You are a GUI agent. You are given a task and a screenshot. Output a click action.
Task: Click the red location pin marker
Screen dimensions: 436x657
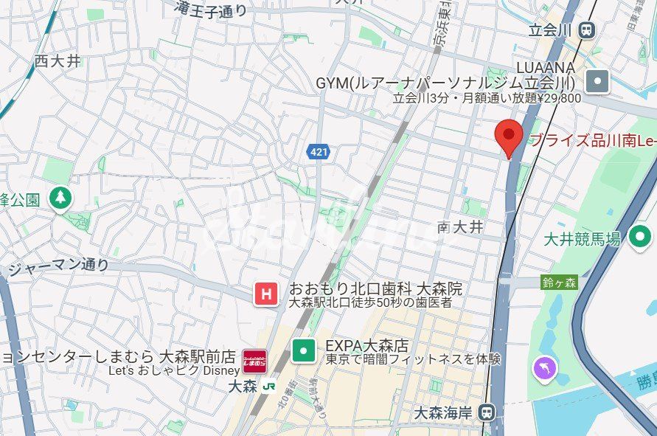pos(508,136)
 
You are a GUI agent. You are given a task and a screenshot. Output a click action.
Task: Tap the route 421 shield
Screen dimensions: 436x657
pos(318,151)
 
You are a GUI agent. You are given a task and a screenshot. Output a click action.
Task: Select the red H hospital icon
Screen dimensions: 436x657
pos(265,294)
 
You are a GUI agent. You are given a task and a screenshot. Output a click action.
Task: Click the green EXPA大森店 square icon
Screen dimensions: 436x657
pos(303,350)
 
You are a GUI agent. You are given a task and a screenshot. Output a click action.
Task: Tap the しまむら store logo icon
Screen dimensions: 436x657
pos(254,361)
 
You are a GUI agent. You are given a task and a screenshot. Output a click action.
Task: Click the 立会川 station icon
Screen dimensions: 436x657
pos(587,30)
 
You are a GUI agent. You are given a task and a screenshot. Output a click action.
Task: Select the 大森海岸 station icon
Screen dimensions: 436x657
pos(486,411)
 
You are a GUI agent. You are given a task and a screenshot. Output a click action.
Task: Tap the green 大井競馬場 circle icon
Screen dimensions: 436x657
pos(640,238)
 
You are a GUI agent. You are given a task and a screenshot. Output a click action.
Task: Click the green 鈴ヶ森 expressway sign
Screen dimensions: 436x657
pos(559,283)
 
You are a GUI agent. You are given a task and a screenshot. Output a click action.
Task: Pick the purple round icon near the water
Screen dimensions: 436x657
pos(546,368)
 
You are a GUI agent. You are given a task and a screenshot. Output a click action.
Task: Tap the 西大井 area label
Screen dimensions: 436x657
pos(58,61)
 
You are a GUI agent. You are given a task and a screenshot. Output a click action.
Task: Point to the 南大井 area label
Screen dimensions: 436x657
pos(460,227)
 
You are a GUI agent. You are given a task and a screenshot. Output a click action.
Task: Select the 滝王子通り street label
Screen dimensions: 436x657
pos(211,10)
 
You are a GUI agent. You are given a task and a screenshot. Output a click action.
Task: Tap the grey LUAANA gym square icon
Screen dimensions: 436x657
pos(598,81)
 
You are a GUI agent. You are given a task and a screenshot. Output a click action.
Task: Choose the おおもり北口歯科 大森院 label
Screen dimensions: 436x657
pos(375,288)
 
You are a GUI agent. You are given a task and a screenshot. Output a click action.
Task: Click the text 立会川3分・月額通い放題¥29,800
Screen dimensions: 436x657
pos(487,97)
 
